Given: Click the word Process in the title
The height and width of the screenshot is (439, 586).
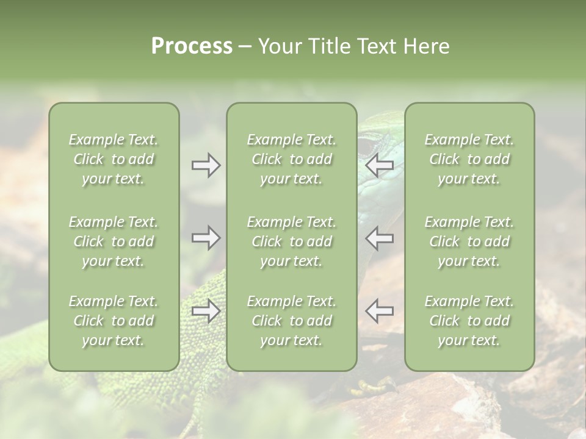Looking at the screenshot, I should [192, 46].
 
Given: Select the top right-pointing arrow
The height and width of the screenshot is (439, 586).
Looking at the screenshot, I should [206, 165].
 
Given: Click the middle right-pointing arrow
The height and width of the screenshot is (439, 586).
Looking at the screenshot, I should [206, 237].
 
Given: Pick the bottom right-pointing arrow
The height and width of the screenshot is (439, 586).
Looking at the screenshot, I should [206, 311].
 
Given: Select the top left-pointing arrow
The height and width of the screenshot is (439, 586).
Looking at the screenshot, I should [379, 165].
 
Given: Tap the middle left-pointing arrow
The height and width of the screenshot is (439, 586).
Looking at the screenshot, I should [379, 237].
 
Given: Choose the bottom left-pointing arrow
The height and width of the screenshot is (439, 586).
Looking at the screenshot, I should [379, 311].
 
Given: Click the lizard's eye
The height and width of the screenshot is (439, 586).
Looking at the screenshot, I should [365, 147].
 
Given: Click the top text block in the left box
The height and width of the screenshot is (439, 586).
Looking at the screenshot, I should [114, 159].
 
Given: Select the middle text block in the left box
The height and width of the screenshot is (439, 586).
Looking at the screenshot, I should [114, 241].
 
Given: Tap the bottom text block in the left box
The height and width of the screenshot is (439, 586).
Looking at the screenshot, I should [114, 321].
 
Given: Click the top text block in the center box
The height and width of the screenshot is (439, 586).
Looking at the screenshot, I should [291, 159].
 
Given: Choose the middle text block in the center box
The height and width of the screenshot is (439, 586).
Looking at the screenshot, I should [291, 241].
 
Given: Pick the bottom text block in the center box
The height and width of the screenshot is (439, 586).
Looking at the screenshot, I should [291, 321].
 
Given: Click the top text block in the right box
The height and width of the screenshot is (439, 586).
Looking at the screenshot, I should [469, 159].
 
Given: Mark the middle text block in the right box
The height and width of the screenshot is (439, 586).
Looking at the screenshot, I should [469, 241].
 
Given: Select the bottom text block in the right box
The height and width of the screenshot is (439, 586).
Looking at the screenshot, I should [469, 321].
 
